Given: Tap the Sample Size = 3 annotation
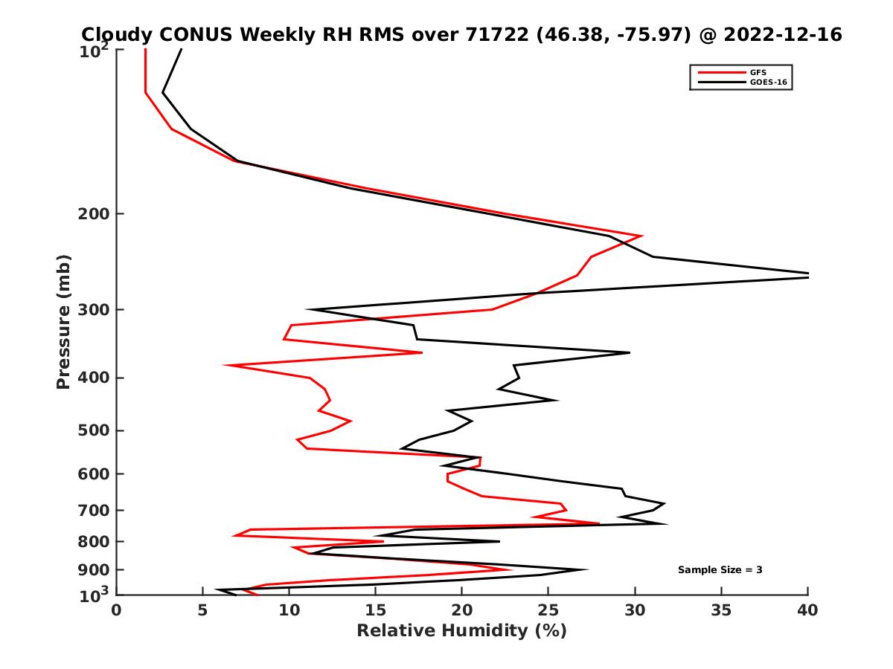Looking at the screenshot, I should pyautogui.click(x=720, y=570).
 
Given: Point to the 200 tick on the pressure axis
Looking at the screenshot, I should pyautogui.click(x=94, y=214).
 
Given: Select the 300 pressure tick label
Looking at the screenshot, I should pyautogui.click(x=94, y=310).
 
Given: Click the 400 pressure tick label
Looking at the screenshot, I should pyautogui.click(x=94, y=378).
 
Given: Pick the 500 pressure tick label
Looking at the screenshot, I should pyautogui.click(x=94, y=430).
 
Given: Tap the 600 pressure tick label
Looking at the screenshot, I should pyautogui.click(x=94, y=474).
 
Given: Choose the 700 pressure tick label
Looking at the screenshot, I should pyautogui.click(x=94, y=510).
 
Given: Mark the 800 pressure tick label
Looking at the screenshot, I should pyautogui.click(x=94, y=541).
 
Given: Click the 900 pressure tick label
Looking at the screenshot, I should pyautogui.click(x=94, y=569).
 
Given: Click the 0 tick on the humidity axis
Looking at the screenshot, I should pyautogui.click(x=117, y=611).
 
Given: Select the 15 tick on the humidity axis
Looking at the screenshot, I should pyautogui.click(x=376, y=611).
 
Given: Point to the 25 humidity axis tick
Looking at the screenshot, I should pyautogui.click(x=548, y=611).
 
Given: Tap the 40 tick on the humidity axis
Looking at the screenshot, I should pyautogui.click(x=807, y=611).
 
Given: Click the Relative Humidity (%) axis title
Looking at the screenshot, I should pyautogui.click(x=461, y=631).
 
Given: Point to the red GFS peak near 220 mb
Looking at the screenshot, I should pyautogui.click(x=641, y=236).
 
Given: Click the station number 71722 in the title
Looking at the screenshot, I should pyautogui.click(x=496, y=34).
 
